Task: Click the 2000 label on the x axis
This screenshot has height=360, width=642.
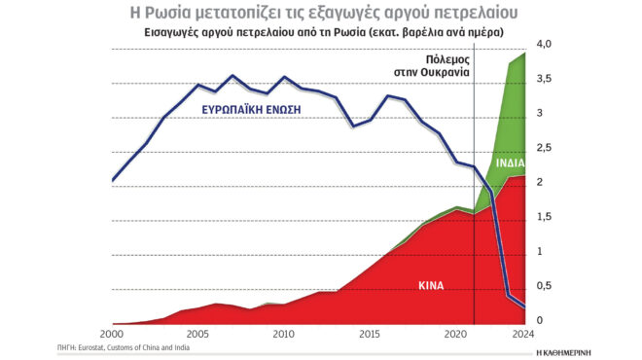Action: (113, 335)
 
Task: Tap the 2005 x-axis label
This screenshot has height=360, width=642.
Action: (198, 335)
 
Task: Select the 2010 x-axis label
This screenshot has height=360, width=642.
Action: (283, 335)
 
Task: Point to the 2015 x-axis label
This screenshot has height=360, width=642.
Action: (369, 335)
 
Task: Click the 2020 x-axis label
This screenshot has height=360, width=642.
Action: (454, 335)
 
